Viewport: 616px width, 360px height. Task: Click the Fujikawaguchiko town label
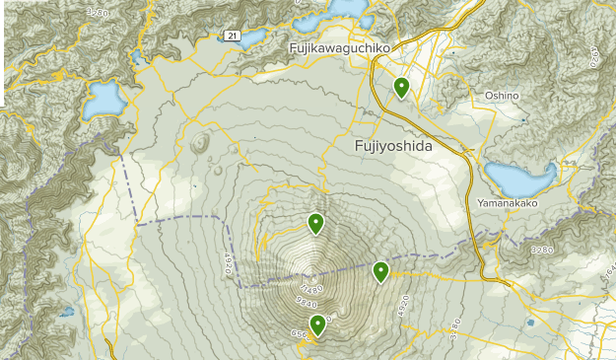point(340,47)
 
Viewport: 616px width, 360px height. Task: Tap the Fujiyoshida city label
point(391,145)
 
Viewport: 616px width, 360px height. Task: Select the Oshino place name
point(502,95)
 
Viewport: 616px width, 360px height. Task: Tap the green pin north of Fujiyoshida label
point(401,87)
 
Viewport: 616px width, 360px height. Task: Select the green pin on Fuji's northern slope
point(315,223)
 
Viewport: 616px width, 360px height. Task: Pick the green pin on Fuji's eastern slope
point(380,270)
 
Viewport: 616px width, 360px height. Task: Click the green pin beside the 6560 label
point(318,324)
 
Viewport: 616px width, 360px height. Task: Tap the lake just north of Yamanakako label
point(520,178)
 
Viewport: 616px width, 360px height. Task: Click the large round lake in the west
point(103,97)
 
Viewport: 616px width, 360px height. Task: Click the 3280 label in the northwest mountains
point(96,12)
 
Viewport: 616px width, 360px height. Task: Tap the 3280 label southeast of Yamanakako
point(543,251)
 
